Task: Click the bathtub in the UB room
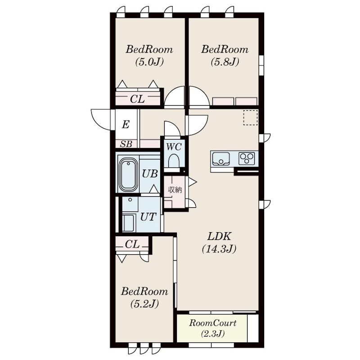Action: click(127, 175)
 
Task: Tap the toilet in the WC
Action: click(174, 161)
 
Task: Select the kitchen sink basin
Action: click(221, 158)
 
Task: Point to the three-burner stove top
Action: click(247, 158)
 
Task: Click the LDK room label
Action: click(219, 236)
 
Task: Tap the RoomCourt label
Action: click(212, 323)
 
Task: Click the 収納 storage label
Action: click(175, 189)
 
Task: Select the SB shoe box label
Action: click(126, 144)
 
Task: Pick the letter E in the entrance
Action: click(126, 125)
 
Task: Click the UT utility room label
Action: click(148, 217)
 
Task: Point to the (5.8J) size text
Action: click(225, 62)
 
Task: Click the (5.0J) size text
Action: click(149, 62)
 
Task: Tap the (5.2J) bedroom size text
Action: click(144, 304)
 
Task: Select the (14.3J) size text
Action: click(219, 249)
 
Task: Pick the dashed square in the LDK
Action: click(251, 117)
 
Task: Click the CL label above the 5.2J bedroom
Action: click(132, 244)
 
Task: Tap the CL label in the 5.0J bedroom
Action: click(137, 99)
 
